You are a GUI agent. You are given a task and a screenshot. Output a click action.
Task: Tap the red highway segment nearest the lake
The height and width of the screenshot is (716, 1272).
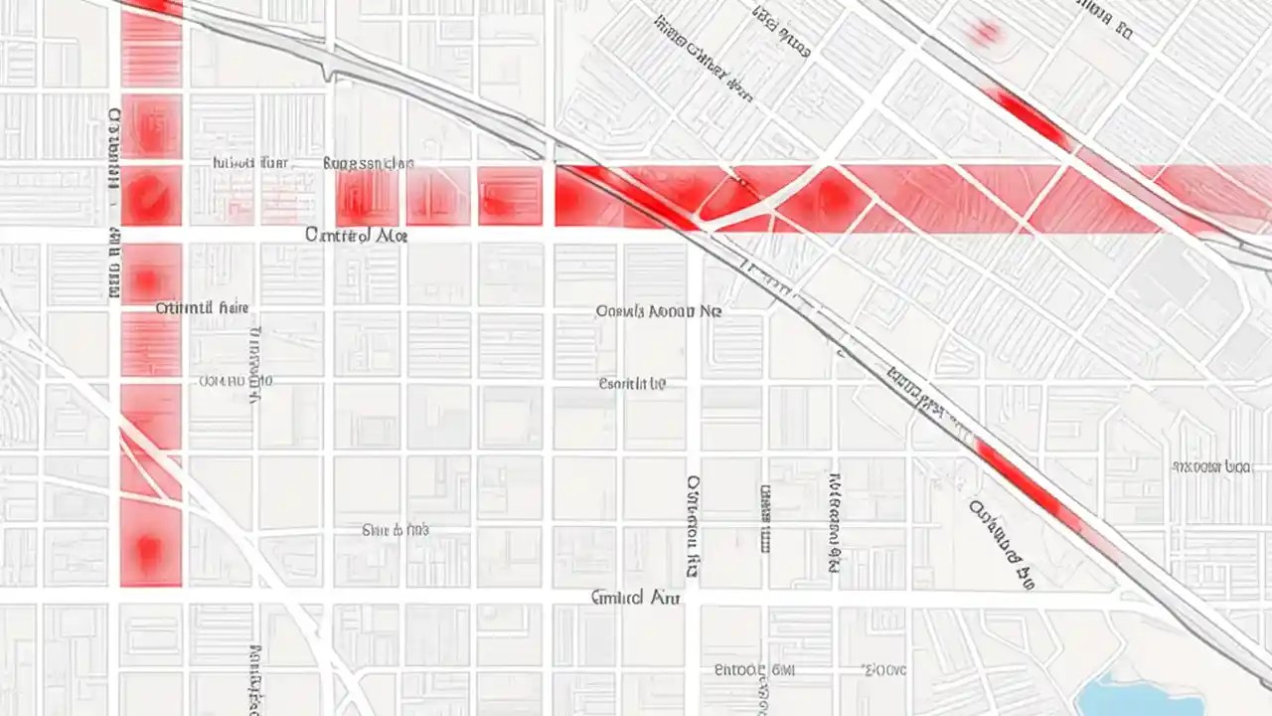coord(1024,482)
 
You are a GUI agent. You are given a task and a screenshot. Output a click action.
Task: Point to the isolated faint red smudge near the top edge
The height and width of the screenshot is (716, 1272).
coord(985,34)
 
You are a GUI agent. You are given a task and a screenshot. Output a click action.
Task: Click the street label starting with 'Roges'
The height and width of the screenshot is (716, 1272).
coord(369,163)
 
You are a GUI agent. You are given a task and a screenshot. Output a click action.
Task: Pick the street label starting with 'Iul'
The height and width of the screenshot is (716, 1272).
coord(250,162)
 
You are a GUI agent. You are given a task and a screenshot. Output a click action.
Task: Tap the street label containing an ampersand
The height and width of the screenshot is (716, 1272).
coord(396,531)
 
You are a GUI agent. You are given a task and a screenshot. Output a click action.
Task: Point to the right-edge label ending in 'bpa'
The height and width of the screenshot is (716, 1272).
coord(1210,465)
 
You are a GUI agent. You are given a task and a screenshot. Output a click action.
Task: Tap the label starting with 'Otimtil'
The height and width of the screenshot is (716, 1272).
coord(202,308)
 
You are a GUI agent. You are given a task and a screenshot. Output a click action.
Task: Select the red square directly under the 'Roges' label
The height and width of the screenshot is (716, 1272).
coord(367,197)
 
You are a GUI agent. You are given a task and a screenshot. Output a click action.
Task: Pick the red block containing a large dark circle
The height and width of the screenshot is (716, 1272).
coord(151,195)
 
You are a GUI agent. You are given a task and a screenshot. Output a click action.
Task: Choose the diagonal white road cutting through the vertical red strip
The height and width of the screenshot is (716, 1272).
coord(151,453)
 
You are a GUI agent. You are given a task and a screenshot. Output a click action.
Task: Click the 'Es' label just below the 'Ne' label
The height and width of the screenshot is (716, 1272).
coord(632,383)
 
